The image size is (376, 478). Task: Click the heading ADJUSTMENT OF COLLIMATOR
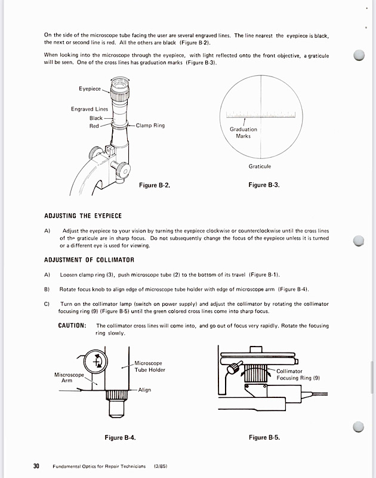pyautogui.click(x=89, y=260)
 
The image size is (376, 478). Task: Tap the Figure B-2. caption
pyautogui.click(x=155, y=185)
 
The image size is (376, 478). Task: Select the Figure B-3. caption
pyautogui.click(x=264, y=185)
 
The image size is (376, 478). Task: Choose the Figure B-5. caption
pyautogui.click(x=264, y=438)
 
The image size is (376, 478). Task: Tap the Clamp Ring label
pyautogui.click(x=150, y=125)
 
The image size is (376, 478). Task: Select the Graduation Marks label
pyautogui.click(x=244, y=133)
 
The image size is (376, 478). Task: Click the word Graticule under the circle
pyautogui.click(x=260, y=167)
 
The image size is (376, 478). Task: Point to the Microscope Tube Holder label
pyautogui.click(x=149, y=366)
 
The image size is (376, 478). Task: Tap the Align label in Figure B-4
pyautogui.click(x=144, y=390)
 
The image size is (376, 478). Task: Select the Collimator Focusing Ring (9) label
pyautogui.click(x=298, y=375)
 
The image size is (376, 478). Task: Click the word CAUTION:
pyautogui.click(x=73, y=326)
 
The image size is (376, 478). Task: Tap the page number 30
pyautogui.click(x=36, y=466)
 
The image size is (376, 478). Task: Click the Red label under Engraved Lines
pyautogui.click(x=94, y=126)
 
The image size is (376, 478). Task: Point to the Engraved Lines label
pyautogui.click(x=90, y=109)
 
